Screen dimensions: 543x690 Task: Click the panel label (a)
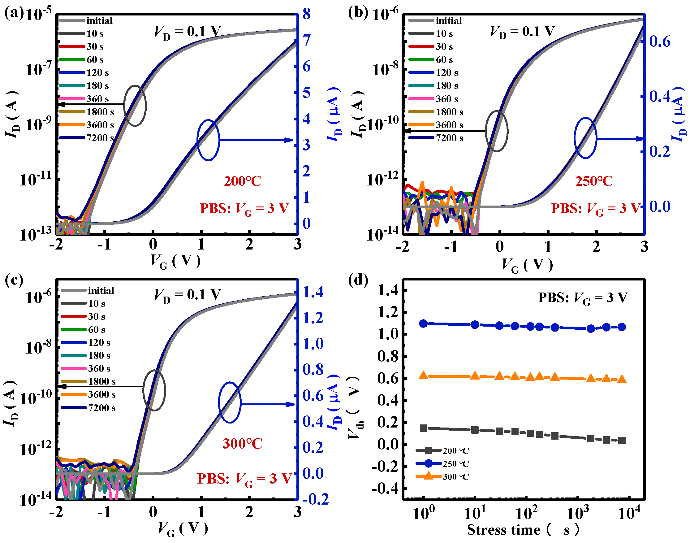[14, 13]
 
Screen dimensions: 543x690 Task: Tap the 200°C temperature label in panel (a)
[242, 181]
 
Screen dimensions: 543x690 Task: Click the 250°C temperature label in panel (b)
[594, 181]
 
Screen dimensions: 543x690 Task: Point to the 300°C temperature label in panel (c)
[242, 444]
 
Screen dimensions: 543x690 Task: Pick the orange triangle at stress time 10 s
[475, 376]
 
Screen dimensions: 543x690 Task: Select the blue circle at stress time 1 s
[423, 324]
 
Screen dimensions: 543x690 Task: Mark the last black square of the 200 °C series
[622, 440]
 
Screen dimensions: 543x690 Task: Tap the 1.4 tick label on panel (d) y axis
[388, 290]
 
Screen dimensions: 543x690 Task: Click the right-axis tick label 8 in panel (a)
[306, 14]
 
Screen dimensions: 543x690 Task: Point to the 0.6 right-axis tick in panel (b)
[659, 41]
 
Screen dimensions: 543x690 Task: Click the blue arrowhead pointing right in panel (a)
[289, 140]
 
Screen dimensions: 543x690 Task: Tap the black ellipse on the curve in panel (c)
[154, 390]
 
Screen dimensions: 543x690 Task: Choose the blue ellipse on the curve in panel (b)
[585, 138]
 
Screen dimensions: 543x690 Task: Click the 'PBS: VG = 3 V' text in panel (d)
[583, 298]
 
